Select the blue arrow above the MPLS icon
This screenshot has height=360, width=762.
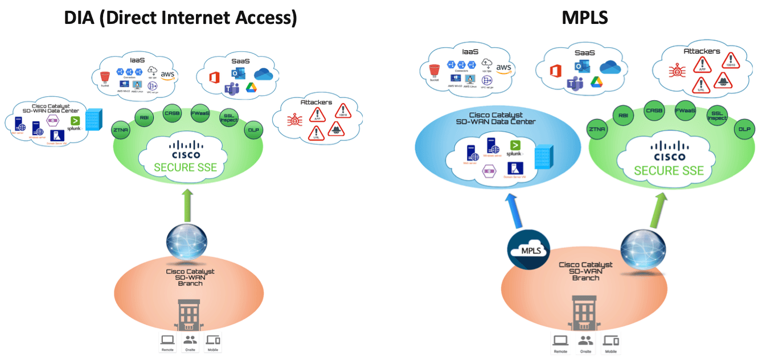point(514,211)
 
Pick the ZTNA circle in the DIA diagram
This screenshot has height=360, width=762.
point(120,130)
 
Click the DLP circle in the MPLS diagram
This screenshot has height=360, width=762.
point(743,129)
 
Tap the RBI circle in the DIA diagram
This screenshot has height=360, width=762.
point(144,118)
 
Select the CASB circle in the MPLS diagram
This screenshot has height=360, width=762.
point(653,111)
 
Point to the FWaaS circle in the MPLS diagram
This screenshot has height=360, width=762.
point(683,111)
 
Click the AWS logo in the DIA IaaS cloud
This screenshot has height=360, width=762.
point(167,75)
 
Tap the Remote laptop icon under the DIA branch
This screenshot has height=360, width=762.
point(167,341)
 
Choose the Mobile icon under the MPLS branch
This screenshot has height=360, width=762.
point(611,341)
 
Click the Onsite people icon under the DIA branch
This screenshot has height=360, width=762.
point(190,341)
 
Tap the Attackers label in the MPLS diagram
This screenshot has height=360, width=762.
point(702,51)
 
